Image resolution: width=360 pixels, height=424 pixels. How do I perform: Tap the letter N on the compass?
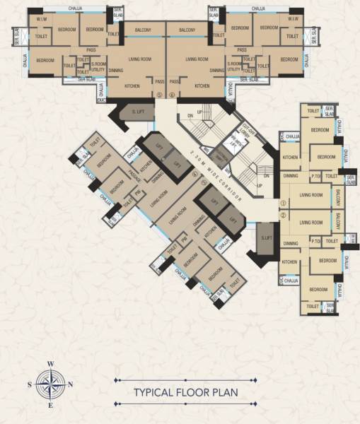[71, 384]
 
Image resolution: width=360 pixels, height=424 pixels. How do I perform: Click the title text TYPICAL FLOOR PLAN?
[185, 391]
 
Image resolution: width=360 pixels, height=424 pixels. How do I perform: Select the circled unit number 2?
[284, 215]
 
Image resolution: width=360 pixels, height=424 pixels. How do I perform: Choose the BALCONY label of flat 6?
[187, 30]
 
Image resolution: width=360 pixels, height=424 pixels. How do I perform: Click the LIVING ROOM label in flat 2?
[311, 222]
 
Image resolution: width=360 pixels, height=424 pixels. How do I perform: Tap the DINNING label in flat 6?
[217, 71]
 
